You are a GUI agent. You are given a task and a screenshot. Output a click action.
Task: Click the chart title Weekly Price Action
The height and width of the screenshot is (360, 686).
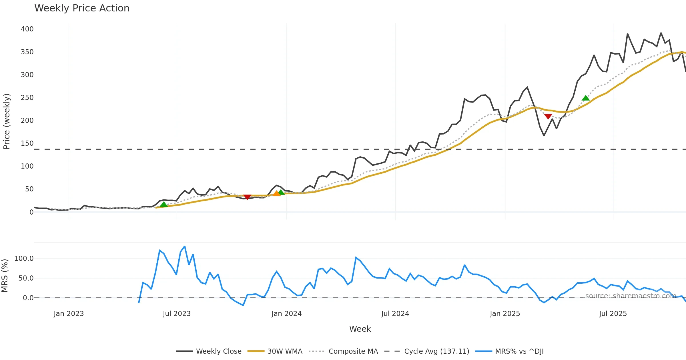[82, 8]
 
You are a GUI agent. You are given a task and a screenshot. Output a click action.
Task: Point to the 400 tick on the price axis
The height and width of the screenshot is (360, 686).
[27, 29]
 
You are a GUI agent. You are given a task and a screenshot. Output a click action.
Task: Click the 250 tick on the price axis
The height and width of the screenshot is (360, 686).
[27, 98]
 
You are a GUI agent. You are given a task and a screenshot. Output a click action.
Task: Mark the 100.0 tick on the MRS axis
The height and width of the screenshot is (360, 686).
[24, 259]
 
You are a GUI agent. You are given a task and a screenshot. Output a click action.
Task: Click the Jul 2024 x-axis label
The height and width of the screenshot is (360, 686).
[395, 314]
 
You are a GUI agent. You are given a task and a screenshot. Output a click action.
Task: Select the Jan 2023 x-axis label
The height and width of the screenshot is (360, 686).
[69, 314]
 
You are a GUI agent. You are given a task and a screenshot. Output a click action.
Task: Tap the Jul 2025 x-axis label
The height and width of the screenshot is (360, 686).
[613, 314]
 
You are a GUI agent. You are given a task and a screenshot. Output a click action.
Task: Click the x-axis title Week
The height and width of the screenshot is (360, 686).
[360, 329]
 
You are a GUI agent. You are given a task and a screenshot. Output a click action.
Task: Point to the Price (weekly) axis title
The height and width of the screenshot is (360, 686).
[7, 121]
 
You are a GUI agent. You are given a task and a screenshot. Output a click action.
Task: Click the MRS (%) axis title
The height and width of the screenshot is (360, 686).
[5, 276]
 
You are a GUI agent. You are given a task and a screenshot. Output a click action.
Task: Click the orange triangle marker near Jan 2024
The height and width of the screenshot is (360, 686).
[276, 193]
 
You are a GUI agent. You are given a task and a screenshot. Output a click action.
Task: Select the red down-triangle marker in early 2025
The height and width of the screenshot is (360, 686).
[548, 116]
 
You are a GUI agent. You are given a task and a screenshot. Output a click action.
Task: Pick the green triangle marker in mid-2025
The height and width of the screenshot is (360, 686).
[586, 98]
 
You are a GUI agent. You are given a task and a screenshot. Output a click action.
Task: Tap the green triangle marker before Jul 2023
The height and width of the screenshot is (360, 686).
[163, 204]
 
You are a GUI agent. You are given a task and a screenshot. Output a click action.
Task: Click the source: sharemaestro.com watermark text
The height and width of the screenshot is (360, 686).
[631, 296]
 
